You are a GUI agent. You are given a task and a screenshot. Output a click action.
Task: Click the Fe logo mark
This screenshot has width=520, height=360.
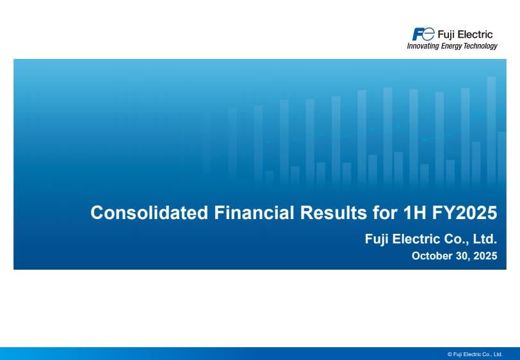click(x=423, y=34)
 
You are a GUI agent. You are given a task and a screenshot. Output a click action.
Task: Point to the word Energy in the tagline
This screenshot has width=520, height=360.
click(x=451, y=46)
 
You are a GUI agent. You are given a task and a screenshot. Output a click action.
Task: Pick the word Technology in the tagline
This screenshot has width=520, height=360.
click(x=480, y=46)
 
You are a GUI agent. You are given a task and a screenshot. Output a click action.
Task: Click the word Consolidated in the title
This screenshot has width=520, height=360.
click(x=149, y=213)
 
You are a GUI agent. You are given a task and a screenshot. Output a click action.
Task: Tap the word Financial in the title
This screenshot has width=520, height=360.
click(x=254, y=213)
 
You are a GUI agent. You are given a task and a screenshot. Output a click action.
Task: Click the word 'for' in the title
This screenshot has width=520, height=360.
click(x=385, y=213)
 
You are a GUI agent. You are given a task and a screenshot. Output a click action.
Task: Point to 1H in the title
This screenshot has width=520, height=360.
click(x=414, y=213)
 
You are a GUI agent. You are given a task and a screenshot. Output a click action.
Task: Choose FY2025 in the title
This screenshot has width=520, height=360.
click(x=464, y=213)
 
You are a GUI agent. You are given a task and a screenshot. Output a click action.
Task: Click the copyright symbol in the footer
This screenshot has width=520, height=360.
click(x=450, y=354)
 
